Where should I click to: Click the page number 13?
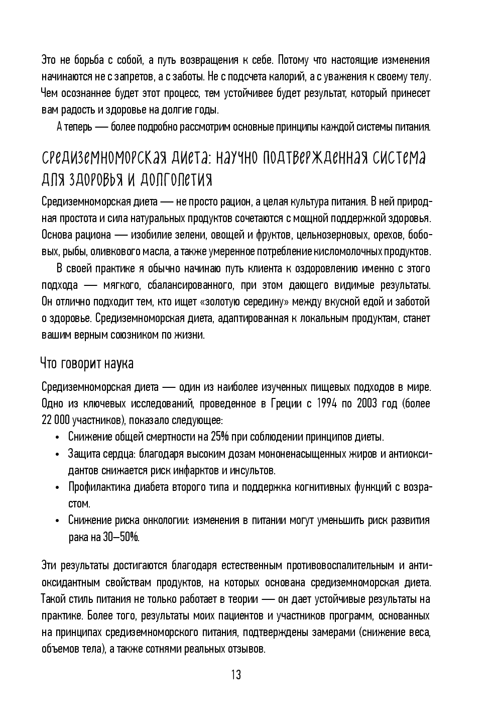pyautogui.click(x=236, y=674)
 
